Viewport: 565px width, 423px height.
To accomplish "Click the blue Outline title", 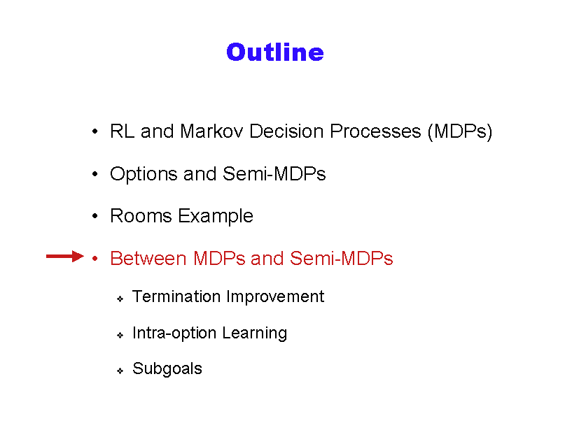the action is click(x=275, y=52).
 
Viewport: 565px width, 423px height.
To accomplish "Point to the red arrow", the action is click(x=65, y=257).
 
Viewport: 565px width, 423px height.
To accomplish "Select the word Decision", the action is click(x=286, y=131).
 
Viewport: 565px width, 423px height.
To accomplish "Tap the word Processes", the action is click(x=375, y=131).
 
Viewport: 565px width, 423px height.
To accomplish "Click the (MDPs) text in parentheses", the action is click(x=460, y=131).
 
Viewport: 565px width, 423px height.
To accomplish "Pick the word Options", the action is click(x=144, y=175).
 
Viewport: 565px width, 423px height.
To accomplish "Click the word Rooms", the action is click(x=141, y=216).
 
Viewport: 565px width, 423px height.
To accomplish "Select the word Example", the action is click(x=216, y=217).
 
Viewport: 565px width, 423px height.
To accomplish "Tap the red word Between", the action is click(x=148, y=259).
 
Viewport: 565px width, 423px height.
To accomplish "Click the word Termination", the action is click(x=176, y=296).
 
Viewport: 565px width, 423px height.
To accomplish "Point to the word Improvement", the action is click(x=275, y=297).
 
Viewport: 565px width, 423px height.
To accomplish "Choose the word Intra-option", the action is click(x=174, y=334).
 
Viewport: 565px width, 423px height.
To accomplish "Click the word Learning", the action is click(x=254, y=334).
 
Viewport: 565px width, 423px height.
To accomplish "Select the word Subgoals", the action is click(x=167, y=368).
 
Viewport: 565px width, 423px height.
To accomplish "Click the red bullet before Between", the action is click(x=95, y=258).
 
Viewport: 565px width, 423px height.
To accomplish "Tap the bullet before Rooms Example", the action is click(x=95, y=216).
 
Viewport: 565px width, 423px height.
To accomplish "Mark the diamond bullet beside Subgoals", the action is click(x=120, y=371).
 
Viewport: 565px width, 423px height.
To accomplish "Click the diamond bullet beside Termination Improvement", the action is click(x=120, y=299).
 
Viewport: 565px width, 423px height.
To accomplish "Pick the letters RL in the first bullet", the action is click(x=122, y=131).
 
